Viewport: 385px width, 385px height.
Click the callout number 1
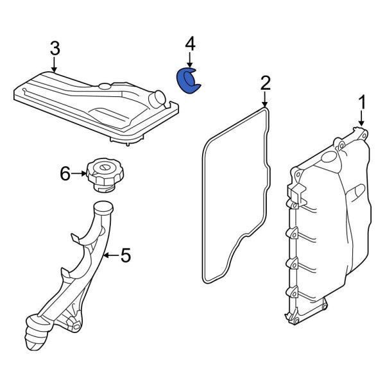(362, 103)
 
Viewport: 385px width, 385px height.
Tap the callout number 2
(265, 83)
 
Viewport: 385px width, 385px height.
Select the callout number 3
(55, 48)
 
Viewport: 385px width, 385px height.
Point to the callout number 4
(190, 44)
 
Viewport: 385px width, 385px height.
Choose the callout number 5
(126, 255)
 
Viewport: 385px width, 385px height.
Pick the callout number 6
(65, 174)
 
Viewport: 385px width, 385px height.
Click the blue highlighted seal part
(188, 81)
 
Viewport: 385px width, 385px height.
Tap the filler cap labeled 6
(105, 175)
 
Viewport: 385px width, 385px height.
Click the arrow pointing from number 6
(78, 174)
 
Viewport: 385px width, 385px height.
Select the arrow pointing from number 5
(111, 255)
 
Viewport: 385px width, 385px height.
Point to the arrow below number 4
(189, 60)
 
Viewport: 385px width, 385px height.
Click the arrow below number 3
(55, 65)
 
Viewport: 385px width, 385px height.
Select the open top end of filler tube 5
(104, 207)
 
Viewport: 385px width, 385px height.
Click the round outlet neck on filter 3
(157, 99)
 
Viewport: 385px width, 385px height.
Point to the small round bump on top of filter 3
(105, 86)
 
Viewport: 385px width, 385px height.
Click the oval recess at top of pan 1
(330, 156)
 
